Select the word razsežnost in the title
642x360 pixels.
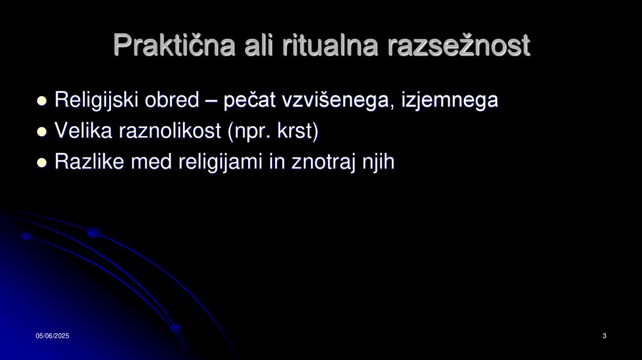[459, 45]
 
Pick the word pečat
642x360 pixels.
[248, 100]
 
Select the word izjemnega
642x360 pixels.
[448, 100]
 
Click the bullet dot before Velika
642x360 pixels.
[42, 132]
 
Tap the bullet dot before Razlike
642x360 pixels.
[42, 163]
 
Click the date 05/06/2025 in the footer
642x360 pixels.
[52, 337]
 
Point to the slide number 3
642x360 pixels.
[604, 337]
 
